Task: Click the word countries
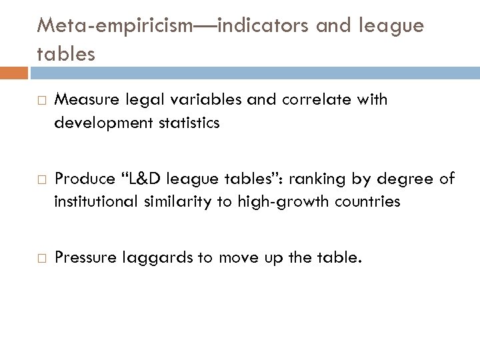tap(367, 201)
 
